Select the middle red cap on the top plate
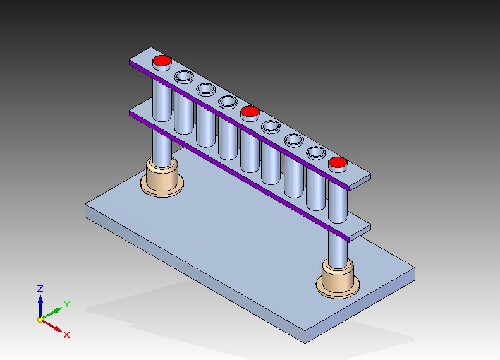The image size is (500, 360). pos(250,112)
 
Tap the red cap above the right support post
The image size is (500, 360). pos(338,163)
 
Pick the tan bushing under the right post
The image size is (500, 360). pos(338,279)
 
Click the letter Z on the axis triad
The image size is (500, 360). pos(40,289)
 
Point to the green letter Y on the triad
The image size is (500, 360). pos(66,304)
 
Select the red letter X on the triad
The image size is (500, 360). pos(66,334)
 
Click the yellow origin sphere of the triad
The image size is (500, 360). pos(40,320)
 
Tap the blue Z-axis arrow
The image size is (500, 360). pos(40,304)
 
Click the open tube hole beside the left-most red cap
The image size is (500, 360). pos(184,76)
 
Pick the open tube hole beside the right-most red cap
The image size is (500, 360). pos(315,152)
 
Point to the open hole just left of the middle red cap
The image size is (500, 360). pos(228,100)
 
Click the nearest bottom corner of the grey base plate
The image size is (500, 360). pos(305,342)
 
